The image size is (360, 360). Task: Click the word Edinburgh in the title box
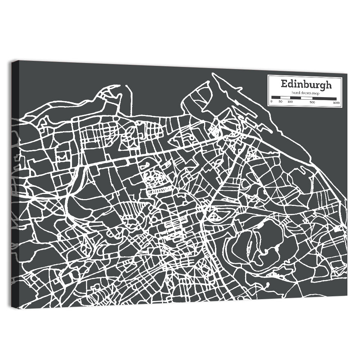(x=306, y=85)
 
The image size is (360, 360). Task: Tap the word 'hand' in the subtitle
(x=287, y=93)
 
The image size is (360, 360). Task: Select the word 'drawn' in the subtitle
(x=298, y=93)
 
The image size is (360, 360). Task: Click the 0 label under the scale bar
(x=271, y=102)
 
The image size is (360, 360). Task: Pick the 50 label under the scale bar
(x=280, y=102)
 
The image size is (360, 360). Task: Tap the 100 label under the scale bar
(x=290, y=102)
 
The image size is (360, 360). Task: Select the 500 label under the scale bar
(x=312, y=102)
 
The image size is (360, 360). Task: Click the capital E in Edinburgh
(x=284, y=85)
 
